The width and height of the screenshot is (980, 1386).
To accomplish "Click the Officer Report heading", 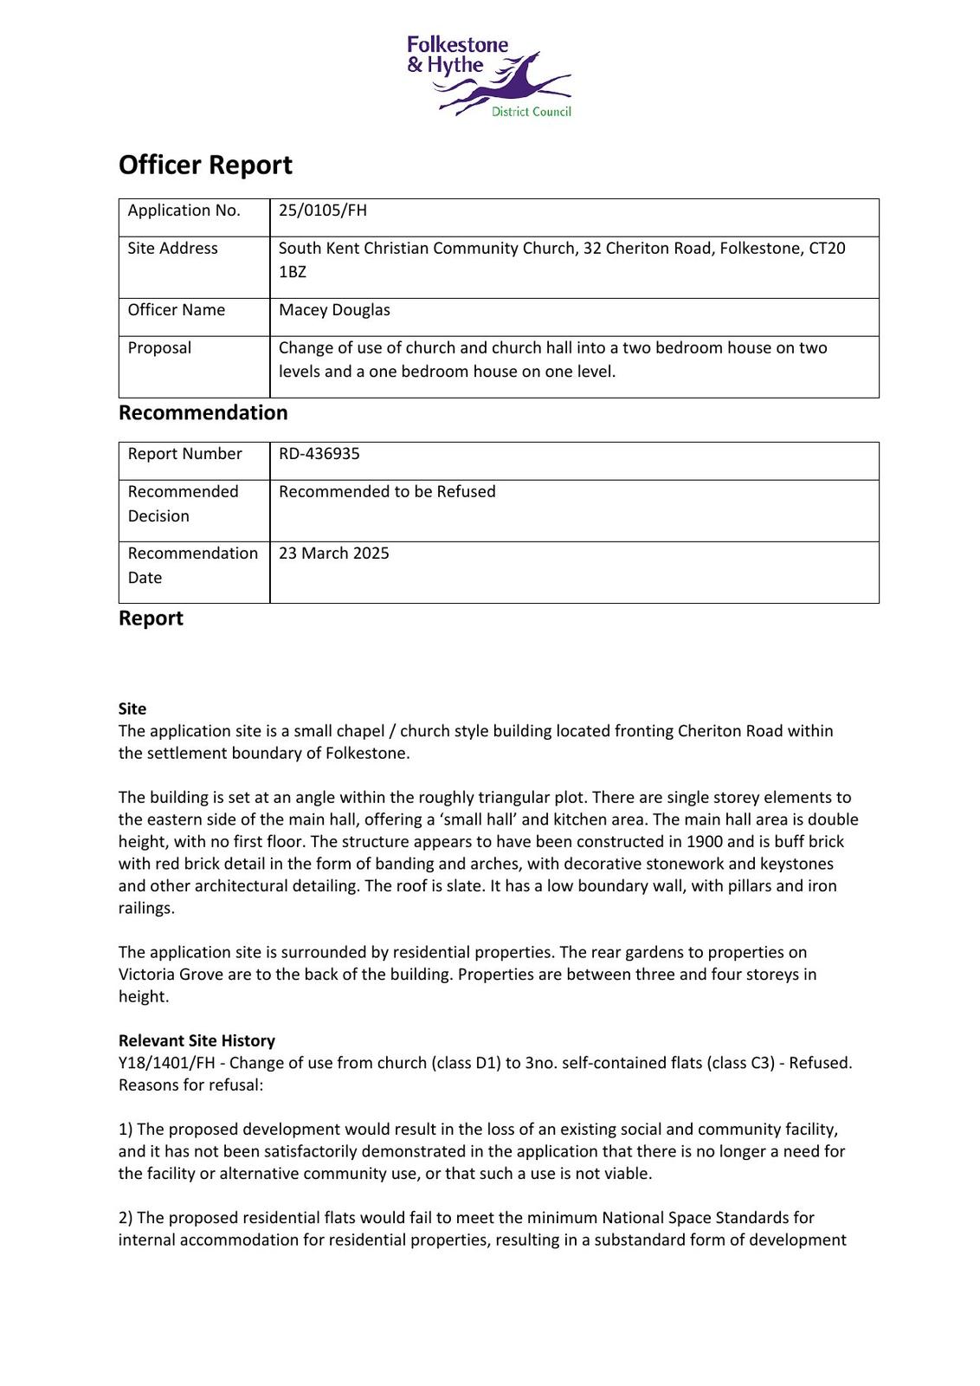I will coord(205,165).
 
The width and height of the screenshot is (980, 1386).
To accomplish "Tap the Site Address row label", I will coord(172,249).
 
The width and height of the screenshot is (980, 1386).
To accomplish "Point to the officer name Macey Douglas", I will coord(334,310).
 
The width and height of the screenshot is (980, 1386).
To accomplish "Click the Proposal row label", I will coord(159,348).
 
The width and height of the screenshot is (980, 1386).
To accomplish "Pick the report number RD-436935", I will coord(319,454).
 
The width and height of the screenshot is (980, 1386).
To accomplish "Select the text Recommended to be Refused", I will coord(387,492).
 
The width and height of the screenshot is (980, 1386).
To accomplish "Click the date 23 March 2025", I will coord(333,554).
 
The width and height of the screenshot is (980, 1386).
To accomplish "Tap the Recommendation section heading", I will coord(203,412).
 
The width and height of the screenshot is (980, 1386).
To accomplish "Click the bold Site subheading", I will coord(132,709).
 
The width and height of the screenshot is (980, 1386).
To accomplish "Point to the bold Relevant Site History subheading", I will coord(197,1040).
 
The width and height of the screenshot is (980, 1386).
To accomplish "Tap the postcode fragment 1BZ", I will coord(292,272).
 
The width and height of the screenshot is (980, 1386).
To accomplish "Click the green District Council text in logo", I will coord(531,112).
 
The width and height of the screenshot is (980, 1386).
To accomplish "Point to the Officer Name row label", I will coord(176,310).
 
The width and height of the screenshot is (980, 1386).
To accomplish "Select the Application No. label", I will coord(184,210).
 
